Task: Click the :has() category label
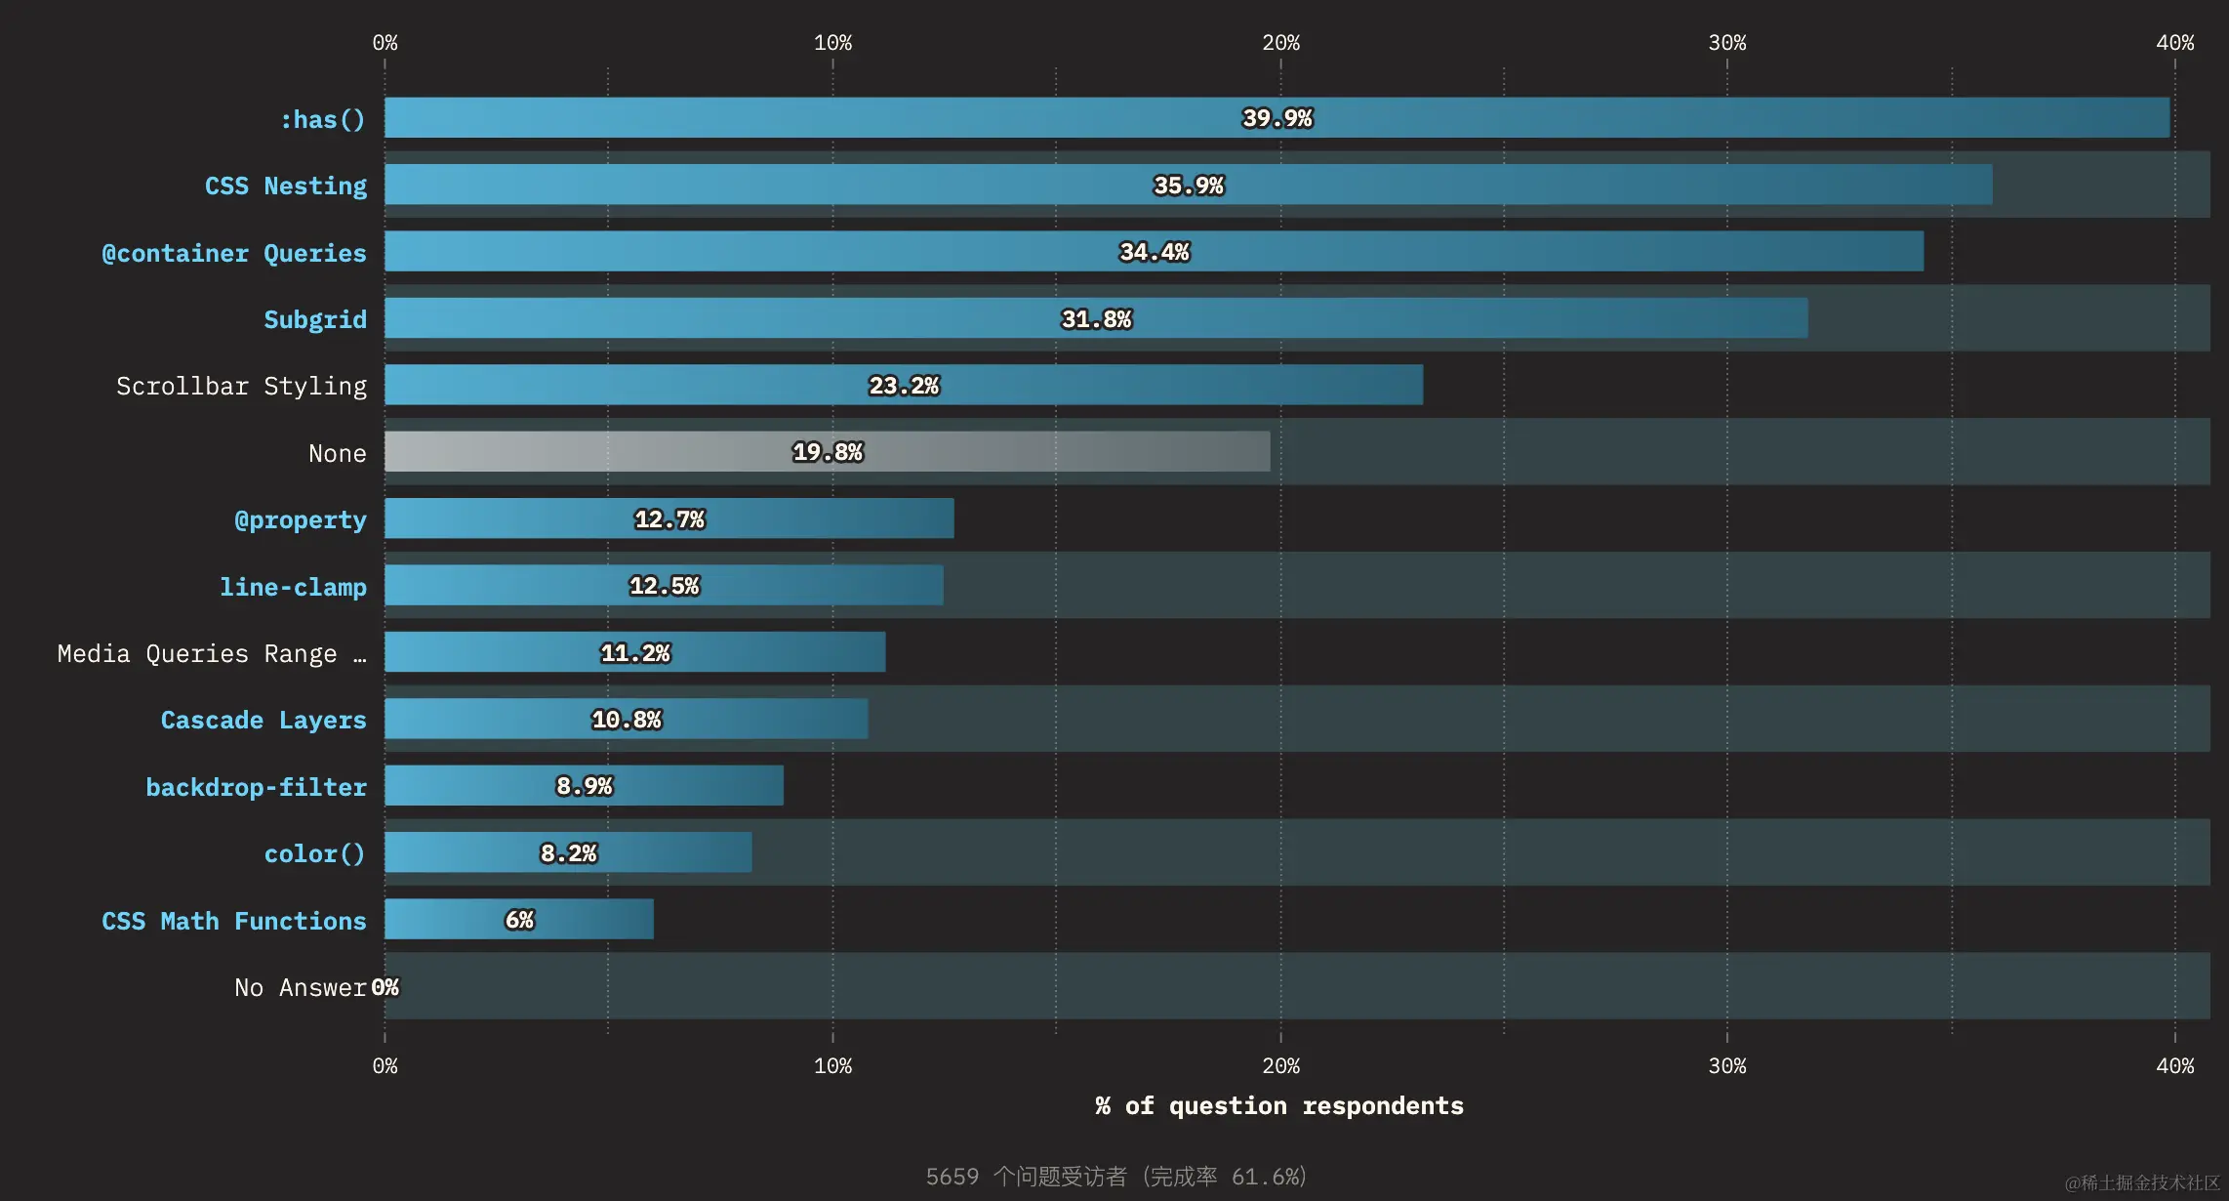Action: coord(322,119)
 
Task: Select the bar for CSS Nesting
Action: coord(1188,185)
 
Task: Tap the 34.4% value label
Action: coord(1155,252)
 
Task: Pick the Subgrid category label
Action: coord(315,319)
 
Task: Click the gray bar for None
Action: coord(827,452)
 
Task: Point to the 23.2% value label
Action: coord(904,386)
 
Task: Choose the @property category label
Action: coord(301,519)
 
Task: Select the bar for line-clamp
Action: coord(664,586)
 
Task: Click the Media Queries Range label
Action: coord(212,653)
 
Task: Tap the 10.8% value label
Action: coord(627,720)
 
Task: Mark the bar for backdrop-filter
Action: coord(584,786)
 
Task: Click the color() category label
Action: coord(314,853)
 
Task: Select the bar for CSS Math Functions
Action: coord(519,920)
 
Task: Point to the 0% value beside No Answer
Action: coord(385,987)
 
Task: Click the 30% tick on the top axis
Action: coord(1727,43)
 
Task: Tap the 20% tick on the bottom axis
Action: coord(1280,1066)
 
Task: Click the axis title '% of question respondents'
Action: coord(1279,1106)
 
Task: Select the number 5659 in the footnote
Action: coord(952,1177)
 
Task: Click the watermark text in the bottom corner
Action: coord(2142,1182)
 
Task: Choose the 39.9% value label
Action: coord(1277,118)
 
